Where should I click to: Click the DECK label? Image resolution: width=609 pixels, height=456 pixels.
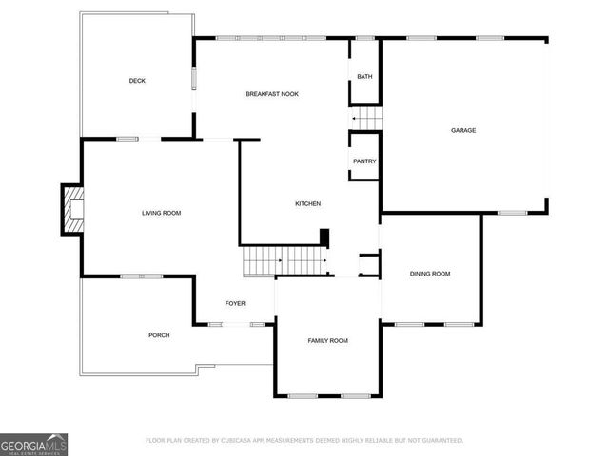click(x=137, y=81)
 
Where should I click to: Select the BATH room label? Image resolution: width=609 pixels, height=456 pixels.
click(x=364, y=77)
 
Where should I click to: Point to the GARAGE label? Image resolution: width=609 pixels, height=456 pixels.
click(x=463, y=130)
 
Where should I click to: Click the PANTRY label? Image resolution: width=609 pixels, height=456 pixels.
click(x=364, y=161)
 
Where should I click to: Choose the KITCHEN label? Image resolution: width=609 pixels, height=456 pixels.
click(x=307, y=204)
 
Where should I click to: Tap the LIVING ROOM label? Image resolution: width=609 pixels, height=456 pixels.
click(x=161, y=213)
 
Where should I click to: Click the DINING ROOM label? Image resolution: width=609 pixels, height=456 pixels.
click(x=430, y=274)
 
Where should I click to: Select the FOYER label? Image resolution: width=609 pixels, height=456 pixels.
click(x=235, y=304)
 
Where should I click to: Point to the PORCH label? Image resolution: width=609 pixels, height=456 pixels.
click(x=159, y=335)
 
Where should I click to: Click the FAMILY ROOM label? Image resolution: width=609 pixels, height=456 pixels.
click(x=327, y=340)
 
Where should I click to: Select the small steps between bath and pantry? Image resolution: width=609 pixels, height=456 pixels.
click(x=368, y=119)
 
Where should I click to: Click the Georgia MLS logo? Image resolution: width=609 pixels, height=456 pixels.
click(x=34, y=445)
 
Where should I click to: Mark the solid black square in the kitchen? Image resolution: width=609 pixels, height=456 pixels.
click(x=324, y=237)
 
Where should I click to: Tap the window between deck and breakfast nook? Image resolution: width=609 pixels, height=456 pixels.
click(x=194, y=78)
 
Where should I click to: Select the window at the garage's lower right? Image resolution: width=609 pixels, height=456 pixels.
click(x=512, y=213)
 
